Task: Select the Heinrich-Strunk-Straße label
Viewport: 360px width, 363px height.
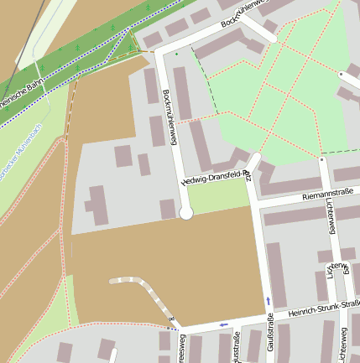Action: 322,308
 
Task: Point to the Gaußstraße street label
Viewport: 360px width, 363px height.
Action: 270,334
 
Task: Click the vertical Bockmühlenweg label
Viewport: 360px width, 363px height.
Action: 170,118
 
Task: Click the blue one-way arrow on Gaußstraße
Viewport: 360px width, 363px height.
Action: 269,301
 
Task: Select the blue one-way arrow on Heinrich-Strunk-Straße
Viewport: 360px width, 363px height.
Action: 222,324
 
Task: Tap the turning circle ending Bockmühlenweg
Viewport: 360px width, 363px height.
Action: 186,214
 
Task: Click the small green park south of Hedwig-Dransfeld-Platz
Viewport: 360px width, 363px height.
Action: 217,197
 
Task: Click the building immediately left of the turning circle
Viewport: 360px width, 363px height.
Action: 167,208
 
